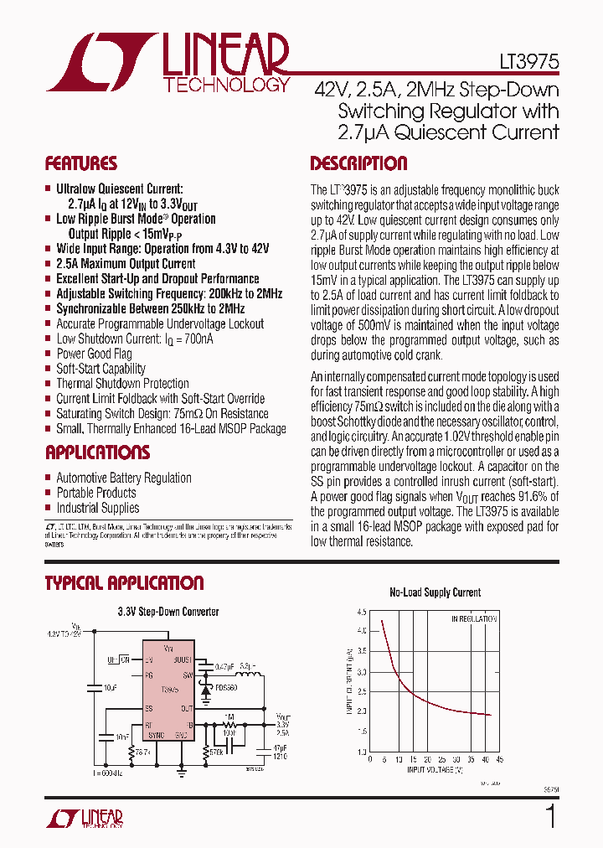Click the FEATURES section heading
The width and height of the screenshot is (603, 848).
coord(80,163)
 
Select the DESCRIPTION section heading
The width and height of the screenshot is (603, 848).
coord(358,163)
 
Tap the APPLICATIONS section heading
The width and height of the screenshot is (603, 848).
coord(97,452)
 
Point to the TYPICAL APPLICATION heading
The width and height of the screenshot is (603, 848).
coord(124,583)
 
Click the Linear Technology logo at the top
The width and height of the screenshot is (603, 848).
coord(167,64)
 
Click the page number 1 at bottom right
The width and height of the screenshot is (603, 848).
coord(550,816)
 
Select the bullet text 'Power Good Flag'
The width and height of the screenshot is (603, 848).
coord(94,354)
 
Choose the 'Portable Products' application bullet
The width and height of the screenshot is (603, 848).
coord(95,493)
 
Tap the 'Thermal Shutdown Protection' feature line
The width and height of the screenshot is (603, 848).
coord(122,384)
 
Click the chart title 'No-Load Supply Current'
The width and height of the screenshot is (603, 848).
coord(435,592)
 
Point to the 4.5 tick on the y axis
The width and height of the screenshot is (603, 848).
coord(361,612)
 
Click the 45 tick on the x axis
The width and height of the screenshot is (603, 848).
coord(500,759)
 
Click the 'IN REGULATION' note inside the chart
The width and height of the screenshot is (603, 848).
coord(474,620)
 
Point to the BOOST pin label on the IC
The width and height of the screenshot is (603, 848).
coord(183,659)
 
